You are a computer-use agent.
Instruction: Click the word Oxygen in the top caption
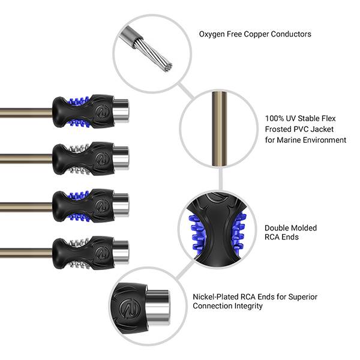(x=212, y=34)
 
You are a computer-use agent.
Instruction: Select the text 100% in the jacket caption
(x=274, y=118)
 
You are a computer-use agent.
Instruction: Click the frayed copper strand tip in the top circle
(x=168, y=67)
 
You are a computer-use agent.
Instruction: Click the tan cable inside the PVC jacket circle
(x=219, y=128)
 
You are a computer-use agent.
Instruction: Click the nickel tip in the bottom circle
(x=158, y=308)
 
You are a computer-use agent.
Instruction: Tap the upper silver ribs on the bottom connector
(x=79, y=242)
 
